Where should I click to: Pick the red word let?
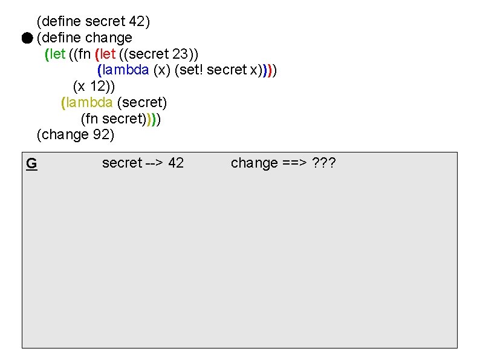[107, 54]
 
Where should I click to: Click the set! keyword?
[190, 70]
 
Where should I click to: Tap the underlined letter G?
[31, 163]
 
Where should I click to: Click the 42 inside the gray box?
[176, 163]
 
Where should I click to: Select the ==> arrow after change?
[295, 163]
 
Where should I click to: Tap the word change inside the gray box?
[254, 163]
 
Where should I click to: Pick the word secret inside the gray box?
[122, 163]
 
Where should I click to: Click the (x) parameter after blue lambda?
[161, 70]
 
